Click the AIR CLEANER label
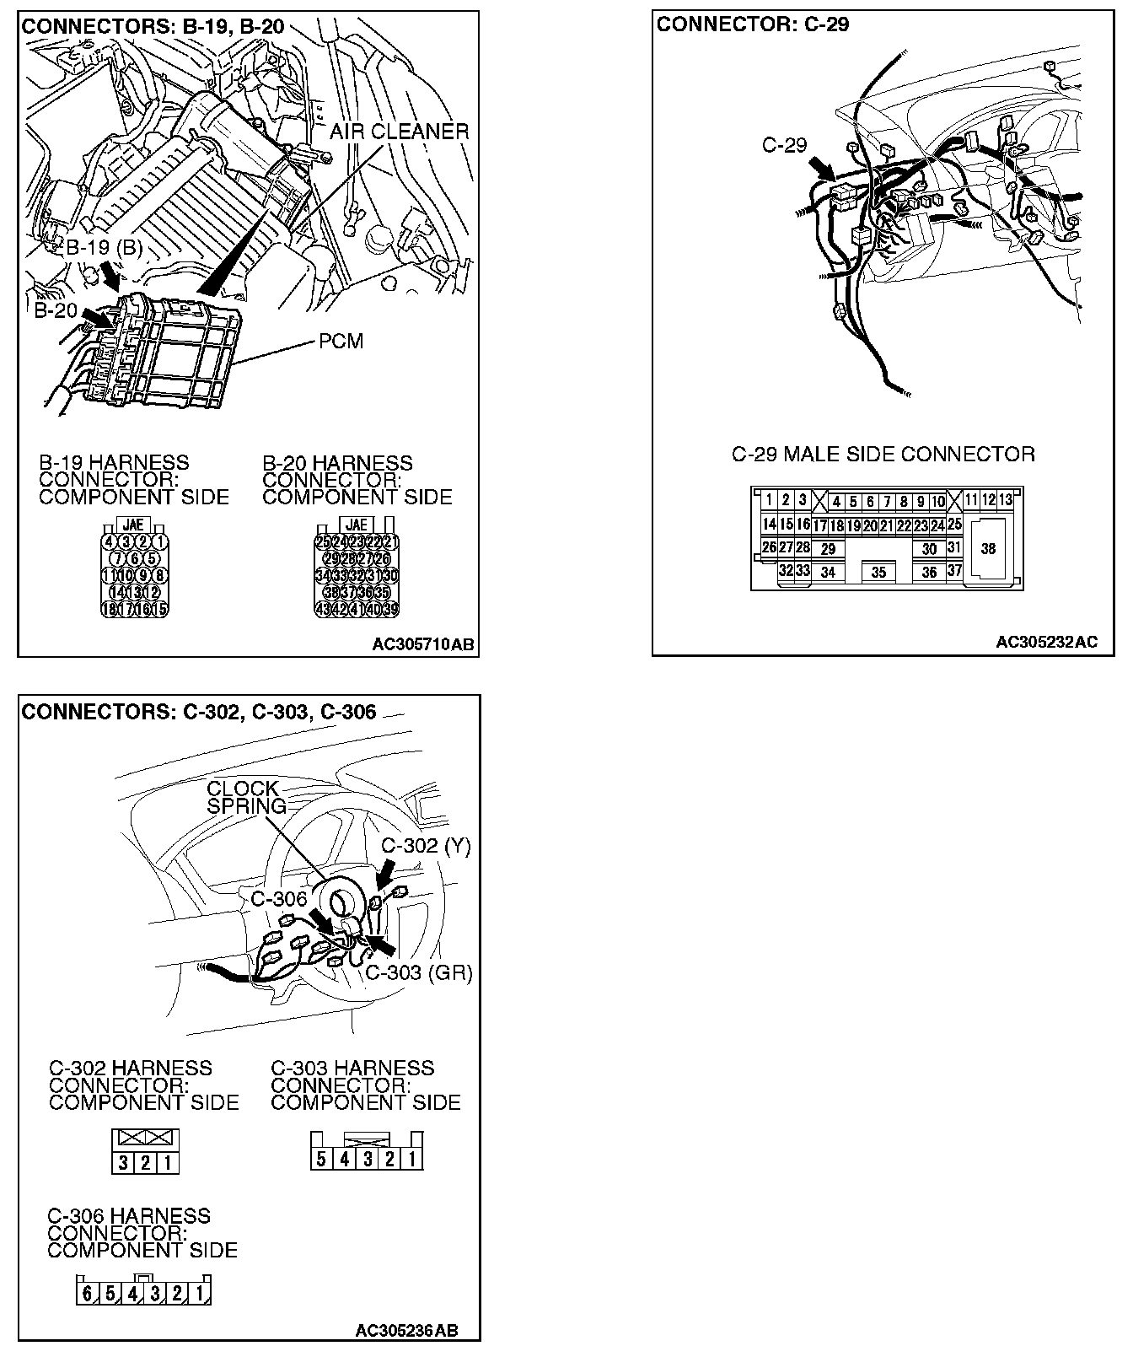(399, 132)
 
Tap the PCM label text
(341, 342)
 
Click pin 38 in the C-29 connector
(988, 548)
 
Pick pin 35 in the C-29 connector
(879, 572)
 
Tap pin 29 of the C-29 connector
(828, 549)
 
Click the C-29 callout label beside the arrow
(784, 145)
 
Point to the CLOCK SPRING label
(243, 797)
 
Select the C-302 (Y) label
(425, 845)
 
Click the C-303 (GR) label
(418, 972)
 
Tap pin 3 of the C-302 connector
(123, 1164)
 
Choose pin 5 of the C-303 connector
(321, 1159)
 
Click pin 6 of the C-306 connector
(88, 1293)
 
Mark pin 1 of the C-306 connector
(200, 1293)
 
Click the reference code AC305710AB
(423, 645)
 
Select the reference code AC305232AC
(1046, 642)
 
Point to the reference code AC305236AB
(406, 1331)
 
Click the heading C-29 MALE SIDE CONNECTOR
(883, 455)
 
